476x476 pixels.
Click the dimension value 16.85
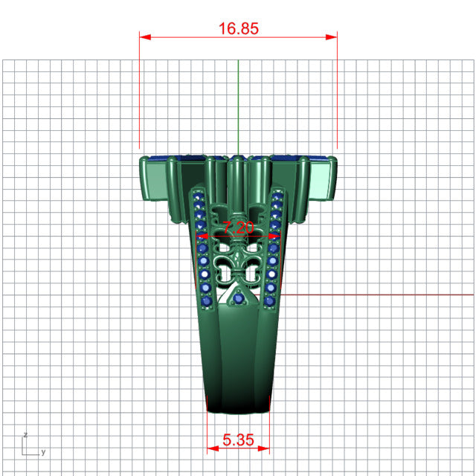point(239,28)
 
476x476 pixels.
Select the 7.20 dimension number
point(238,228)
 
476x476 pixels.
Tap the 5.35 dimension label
point(238,440)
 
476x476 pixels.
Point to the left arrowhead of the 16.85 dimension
point(145,37)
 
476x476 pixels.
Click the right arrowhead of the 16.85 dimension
point(331,37)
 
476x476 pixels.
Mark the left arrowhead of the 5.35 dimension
point(213,448)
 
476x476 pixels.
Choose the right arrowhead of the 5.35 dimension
point(264,448)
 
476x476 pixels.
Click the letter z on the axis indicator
point(25,434)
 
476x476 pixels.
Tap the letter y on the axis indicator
point(43,452)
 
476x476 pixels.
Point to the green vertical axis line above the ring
point(238,107)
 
